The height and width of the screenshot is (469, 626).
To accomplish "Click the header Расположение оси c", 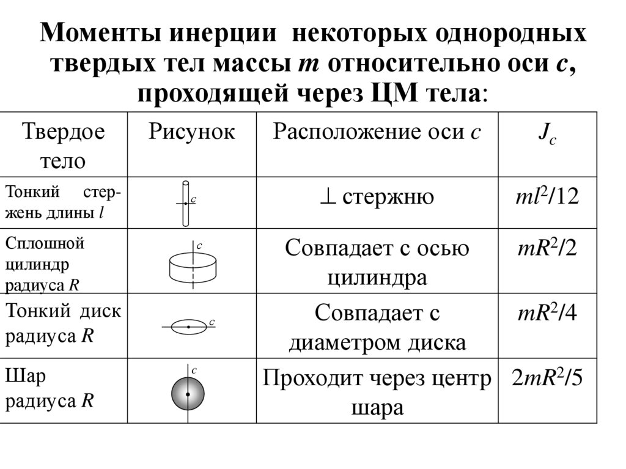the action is (377, 131).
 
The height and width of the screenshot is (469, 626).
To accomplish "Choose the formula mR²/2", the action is (547, 248).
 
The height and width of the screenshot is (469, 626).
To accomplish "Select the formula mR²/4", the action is (547, 313).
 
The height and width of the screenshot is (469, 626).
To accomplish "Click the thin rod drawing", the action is (186, 202).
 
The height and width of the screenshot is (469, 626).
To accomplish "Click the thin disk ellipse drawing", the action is (189, 327).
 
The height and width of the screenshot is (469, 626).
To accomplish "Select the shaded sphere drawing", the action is (187, 394).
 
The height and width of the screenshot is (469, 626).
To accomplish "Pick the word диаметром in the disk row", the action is (344, 342).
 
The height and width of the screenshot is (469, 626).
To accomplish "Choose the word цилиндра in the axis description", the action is (377, 278).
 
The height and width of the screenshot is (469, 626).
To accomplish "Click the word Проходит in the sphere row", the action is (309, 379).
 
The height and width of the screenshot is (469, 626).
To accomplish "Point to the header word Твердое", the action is (64, 131).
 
